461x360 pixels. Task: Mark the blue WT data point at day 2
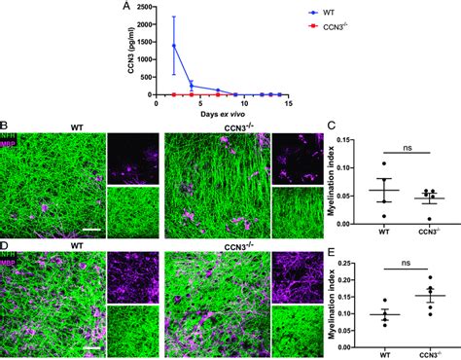click(174, 46)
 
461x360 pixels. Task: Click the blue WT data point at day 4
click(192, 86)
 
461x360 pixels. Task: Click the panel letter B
click(5, 126)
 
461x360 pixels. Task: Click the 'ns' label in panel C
click(395, 145)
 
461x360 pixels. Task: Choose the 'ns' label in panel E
click(395, 270)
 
